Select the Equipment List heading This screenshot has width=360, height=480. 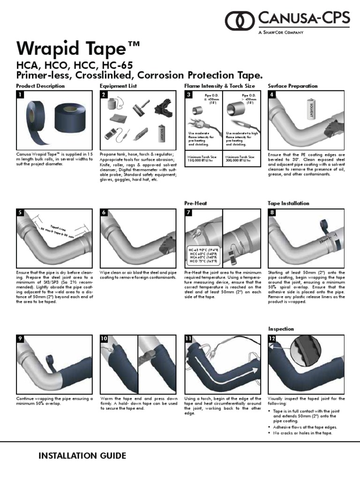tap(118, 86)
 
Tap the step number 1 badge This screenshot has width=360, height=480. tap(20, 95)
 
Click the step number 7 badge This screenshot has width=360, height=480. tap(188, 213)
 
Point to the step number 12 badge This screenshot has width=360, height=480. tap(272, 338)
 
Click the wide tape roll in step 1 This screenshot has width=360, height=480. tap(70, 121)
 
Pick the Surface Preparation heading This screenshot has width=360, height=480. tap(292, 86)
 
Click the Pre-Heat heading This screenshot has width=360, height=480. tap(196, 203)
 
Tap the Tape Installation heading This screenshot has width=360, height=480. tap(288, 203)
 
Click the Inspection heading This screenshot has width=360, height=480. tap(281, 329)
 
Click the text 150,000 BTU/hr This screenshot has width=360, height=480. tap(201, 160)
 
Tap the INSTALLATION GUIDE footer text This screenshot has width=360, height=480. tap(82, 456)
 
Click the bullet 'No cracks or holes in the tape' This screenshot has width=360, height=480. tap(302, 433)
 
